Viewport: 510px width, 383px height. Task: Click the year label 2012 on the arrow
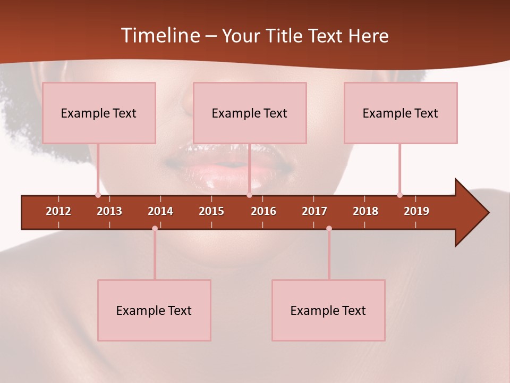point(58,211)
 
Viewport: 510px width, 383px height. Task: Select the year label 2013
point(109,211)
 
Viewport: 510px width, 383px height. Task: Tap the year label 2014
point(160,211)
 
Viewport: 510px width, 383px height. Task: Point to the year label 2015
point(211,211)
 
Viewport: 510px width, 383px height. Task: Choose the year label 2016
point(263,211)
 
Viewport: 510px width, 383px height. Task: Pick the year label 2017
point(314,211)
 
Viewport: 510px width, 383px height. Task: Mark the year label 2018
point(365,211)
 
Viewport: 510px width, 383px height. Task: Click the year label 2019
point(416,211)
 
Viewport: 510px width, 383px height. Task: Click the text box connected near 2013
point(99,113)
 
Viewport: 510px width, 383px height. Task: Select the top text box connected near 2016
point(250,113)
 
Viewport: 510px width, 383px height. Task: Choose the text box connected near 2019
point(401,113)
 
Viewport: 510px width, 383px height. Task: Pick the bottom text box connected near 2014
point(154,310)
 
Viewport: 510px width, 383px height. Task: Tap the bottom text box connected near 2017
point(328,310)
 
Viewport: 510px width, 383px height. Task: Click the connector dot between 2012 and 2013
point(98,195)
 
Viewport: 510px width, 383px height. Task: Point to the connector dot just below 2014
point(155,228)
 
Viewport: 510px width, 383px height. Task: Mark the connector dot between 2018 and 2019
point(399,195)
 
